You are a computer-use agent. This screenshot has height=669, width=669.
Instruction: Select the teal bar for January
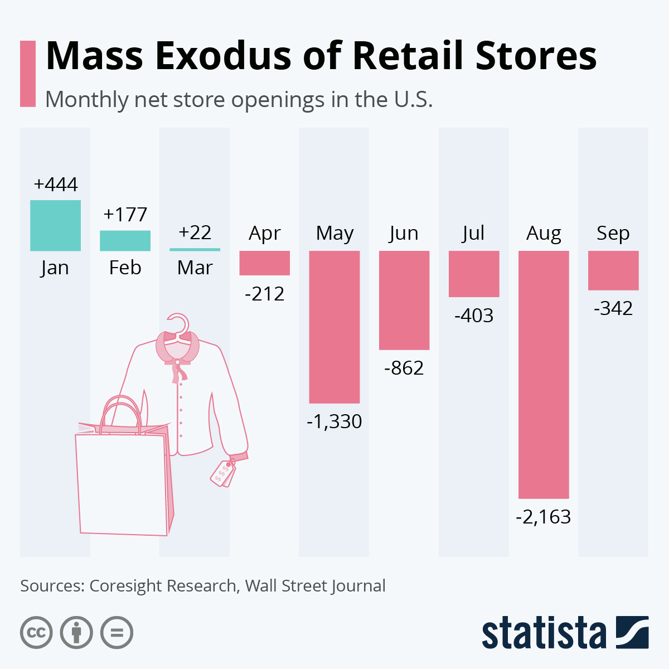(x=55, y=225)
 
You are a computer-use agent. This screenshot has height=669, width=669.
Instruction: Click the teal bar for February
(x=125, y=240)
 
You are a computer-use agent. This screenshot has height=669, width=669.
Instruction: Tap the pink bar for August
(x=544, y=374)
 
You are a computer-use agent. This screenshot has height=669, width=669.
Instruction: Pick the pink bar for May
(x=334, y=327)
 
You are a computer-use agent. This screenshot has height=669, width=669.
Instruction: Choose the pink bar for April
(x=264, y=263)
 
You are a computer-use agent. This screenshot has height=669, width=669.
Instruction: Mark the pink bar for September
(x=613, y=270)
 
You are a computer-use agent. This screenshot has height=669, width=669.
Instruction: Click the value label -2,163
(x=544, y=517)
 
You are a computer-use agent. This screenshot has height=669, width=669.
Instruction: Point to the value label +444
(x=55, y=185)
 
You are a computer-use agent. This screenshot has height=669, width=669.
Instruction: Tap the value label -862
(x=404, y=368)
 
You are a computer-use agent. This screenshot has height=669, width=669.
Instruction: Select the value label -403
(x=474, y=316)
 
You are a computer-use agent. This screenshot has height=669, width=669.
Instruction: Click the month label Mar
(x=195, y=268)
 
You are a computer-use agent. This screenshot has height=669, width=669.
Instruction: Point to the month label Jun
(x=404, y=232)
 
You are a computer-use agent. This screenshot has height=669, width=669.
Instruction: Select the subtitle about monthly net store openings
(x=239, y=99)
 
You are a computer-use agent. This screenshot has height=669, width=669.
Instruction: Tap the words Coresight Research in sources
(x=163, y=586)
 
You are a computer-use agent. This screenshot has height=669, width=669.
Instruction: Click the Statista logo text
(x=544, y=633)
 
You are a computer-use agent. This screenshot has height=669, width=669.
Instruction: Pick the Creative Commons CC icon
(x=36, y=633)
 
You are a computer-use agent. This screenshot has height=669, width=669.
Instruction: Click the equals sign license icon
(x=117, y=633)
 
